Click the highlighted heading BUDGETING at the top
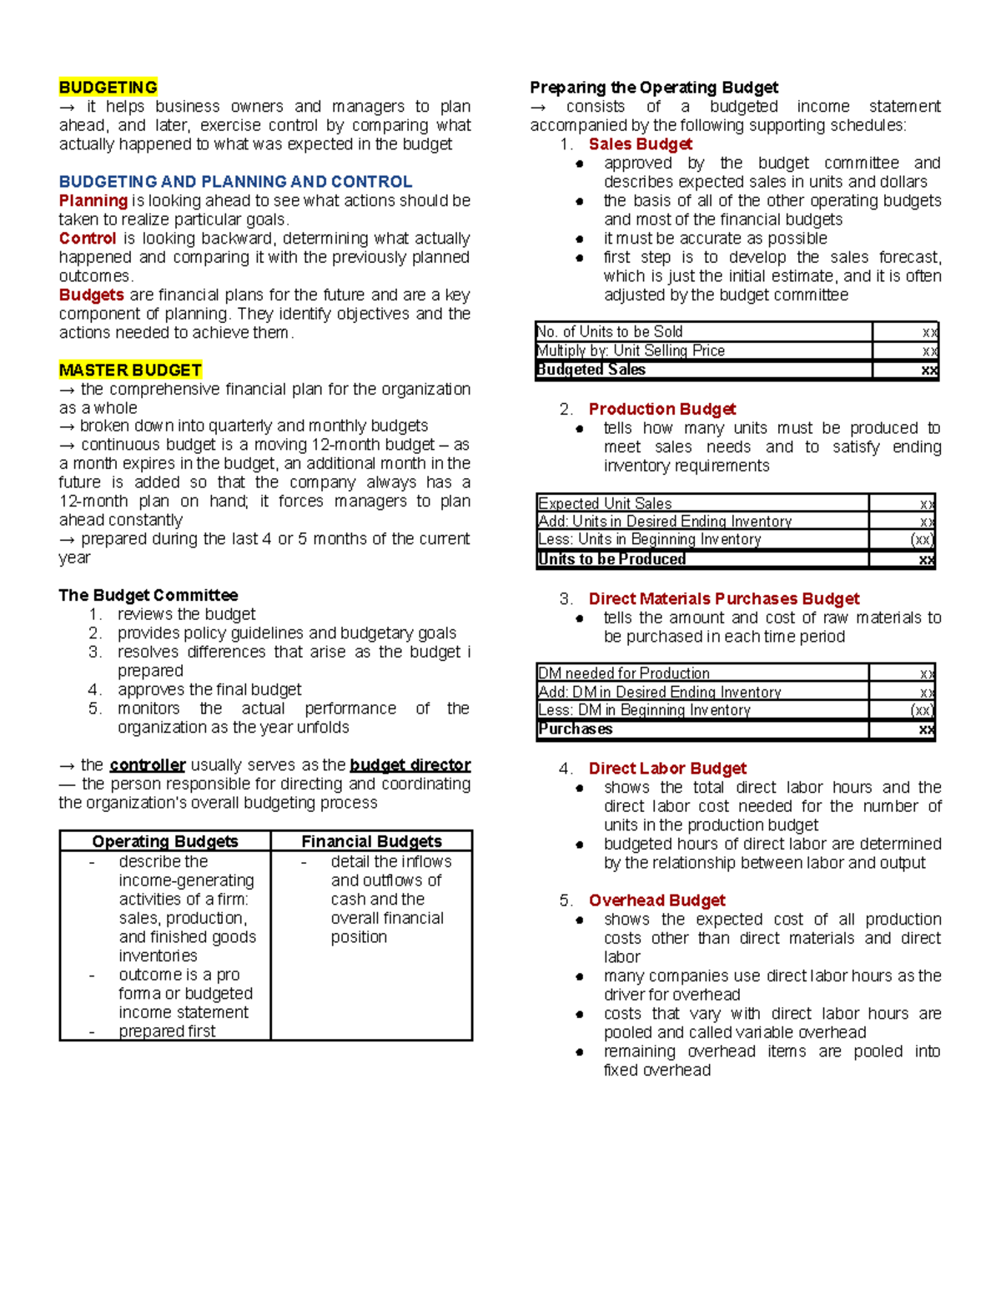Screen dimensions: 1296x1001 point(108,88)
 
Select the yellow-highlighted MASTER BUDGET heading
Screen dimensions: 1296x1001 point(130,370)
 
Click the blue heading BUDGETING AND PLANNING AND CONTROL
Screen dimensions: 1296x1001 point(235,182)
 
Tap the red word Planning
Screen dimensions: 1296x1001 point(93,200)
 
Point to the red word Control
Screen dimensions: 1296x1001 point(87,238)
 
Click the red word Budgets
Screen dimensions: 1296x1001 point(91,295)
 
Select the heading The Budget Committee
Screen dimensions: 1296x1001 point(148,595)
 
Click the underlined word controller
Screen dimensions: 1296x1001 point(147,764)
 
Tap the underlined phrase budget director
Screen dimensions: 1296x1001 point(410,764)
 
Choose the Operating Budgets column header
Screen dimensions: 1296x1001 point(164,841)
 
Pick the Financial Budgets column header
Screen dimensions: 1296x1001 point(371,841)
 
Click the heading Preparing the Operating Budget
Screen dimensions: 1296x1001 point(654,88)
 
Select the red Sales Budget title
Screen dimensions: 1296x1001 point(640,144)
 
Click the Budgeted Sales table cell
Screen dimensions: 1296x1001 point(591,370)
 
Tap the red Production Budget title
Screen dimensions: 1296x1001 point(661,409)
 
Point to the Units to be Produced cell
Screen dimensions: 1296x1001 point(611,559)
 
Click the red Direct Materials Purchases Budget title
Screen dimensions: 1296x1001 point(723,598)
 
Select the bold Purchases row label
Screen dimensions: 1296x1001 point(575,729)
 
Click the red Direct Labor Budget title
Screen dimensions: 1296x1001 point(667,768)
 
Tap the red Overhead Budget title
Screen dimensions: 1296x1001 point(656,900)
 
